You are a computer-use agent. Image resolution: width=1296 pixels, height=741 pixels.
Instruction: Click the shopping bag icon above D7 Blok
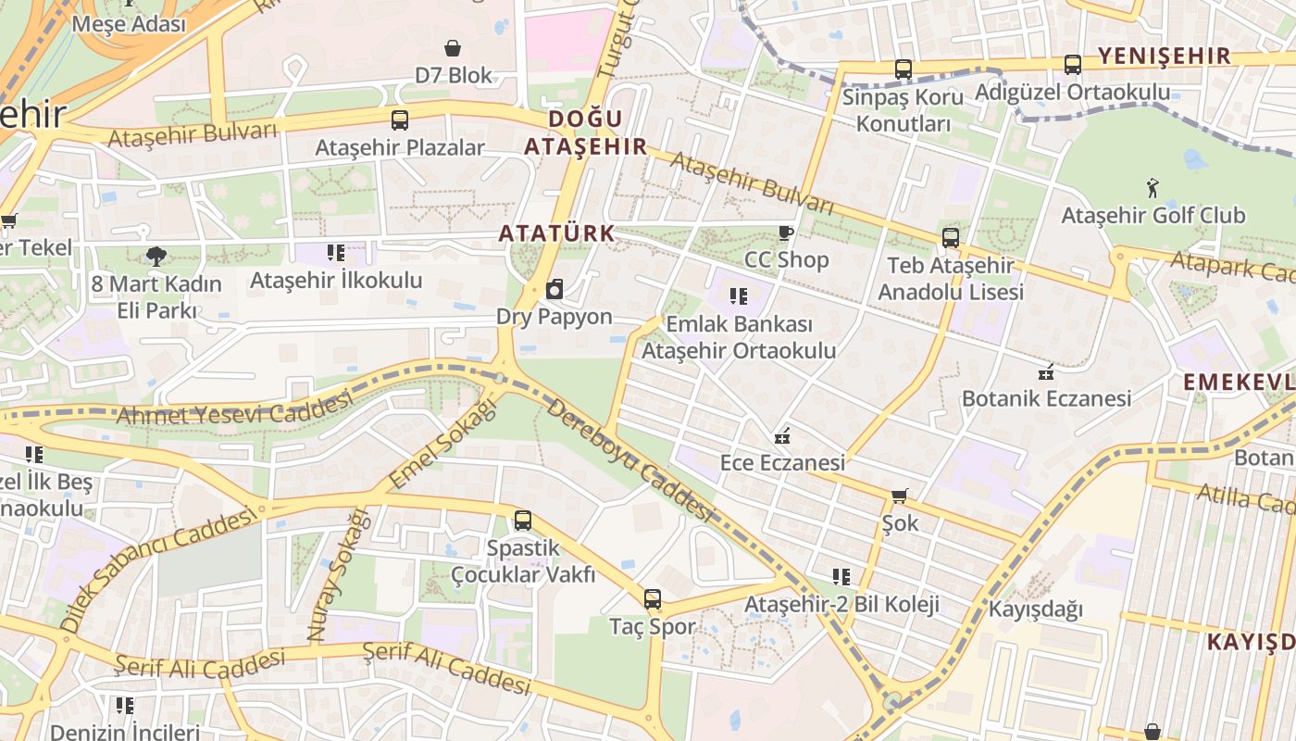pos(453,48)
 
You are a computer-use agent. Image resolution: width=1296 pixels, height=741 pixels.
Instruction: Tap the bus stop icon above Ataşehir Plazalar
pos(400,120)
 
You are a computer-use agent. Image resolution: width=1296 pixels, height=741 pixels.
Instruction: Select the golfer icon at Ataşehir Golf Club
pos(1153,188)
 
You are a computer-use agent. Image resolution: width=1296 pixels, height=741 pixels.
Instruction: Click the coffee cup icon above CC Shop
pos(786,232)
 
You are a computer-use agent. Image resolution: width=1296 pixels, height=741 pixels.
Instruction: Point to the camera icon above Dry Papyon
pos(555,290)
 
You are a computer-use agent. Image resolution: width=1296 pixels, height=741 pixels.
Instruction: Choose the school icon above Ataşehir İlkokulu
pos(336,253)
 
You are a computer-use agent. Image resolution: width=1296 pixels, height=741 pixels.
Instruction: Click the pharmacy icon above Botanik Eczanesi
pos(1046,372)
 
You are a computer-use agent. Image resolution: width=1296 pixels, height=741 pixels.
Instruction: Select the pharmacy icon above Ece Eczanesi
pos(782,435)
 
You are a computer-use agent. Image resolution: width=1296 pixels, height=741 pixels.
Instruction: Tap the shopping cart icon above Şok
pos(899,496)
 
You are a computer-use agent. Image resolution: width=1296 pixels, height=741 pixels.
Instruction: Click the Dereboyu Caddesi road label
pos(629,460)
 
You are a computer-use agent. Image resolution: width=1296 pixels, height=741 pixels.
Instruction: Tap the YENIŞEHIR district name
pos(1164,56)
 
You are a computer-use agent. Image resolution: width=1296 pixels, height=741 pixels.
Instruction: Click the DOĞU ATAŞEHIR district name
pos(586,132)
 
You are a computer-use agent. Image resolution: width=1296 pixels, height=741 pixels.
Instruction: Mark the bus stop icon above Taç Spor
pos(653,599)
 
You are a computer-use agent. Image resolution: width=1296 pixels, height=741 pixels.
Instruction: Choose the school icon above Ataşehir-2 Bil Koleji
pos(841,577)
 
